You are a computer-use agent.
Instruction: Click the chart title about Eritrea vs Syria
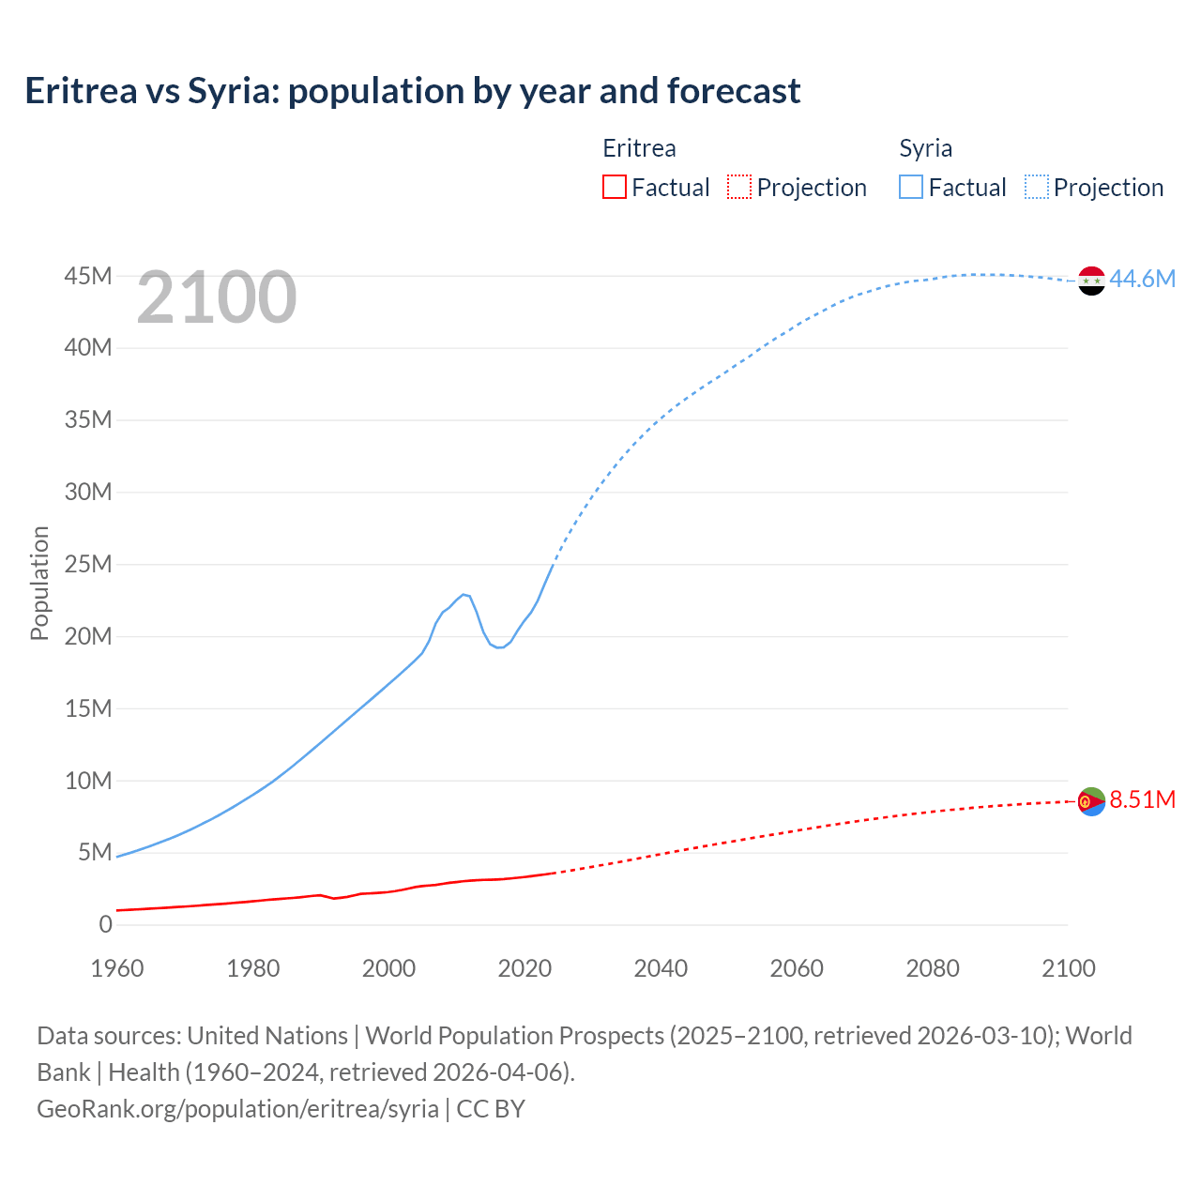(x=413, y=91)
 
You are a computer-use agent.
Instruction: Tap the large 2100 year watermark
(x=217, y=297)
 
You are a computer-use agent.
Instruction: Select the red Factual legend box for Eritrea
(x=614, y=187)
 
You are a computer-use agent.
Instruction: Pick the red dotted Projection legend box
(x=739, y=187)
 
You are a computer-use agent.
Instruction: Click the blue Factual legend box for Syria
(x=911, y=187)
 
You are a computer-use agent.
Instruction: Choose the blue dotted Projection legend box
(x=1037, y=187)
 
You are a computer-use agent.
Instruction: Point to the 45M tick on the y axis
(x=88, y=276)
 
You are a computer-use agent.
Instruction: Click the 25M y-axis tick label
(x=88, y=564)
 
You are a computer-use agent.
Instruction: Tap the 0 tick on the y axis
(x=105, y=924)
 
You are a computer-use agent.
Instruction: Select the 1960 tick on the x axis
(x=117, y=968)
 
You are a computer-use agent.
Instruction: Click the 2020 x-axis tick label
(x=524, y=968)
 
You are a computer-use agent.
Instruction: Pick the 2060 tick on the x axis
(x=797, y=968)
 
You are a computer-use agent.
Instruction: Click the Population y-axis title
(x=39, y=583)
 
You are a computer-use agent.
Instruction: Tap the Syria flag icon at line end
(x=1091, y=281)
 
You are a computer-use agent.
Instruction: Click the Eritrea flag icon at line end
(x=1091, y=801)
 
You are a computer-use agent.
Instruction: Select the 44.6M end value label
(x=1142, y=279)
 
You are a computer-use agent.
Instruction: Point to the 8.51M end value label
(x=1142, y=799)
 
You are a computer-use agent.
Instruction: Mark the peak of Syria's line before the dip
(x=464, y=594)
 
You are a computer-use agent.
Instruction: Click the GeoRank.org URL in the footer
(x=237, y=1108)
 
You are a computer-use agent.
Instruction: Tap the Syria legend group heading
(x=925, y=148)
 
